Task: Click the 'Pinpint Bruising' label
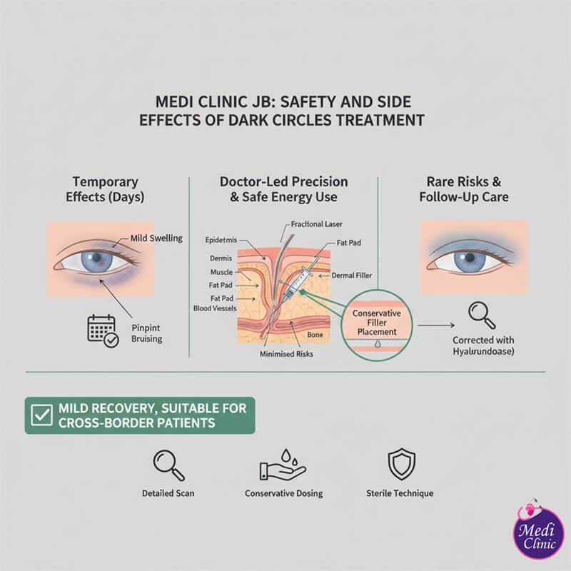tap(146, 333)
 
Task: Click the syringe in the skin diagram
tap(297, 282)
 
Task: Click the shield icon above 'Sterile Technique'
tap(400, 465)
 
